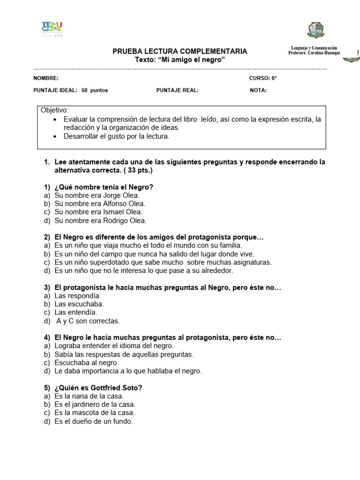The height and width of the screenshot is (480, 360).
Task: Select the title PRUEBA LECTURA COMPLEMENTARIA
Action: pos(180,52)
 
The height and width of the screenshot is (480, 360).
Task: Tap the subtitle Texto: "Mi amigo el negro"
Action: pos(180,60)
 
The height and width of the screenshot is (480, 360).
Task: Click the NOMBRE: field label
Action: pos(46,78)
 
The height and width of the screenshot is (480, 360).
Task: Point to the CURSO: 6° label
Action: pos(262,78)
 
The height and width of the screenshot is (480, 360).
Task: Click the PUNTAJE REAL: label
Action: pos(177,90)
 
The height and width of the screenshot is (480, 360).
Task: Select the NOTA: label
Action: pos(258,90)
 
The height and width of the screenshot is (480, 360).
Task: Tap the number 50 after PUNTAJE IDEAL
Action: pos(84,90)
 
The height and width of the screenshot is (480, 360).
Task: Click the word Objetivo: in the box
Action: pos(54,110)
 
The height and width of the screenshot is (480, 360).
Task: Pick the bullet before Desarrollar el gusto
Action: pos(56,136)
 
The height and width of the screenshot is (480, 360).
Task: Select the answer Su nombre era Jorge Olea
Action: pos(97,195)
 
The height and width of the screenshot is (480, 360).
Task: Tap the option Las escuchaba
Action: pos(79,304)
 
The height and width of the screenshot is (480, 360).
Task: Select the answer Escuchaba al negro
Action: pos(87,363)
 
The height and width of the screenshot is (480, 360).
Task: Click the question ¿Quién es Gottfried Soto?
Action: pos(98,388)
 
